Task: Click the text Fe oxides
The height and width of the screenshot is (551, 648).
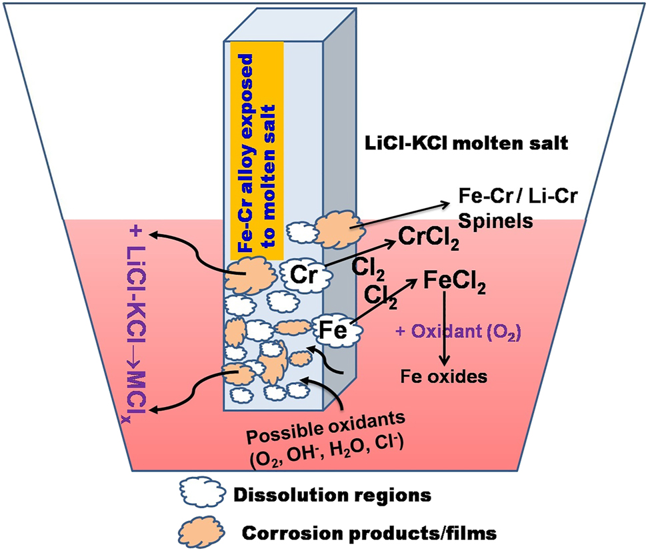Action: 445,376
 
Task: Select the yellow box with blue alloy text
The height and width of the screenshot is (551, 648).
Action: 257,149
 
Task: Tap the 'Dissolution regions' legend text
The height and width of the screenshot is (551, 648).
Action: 330,496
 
